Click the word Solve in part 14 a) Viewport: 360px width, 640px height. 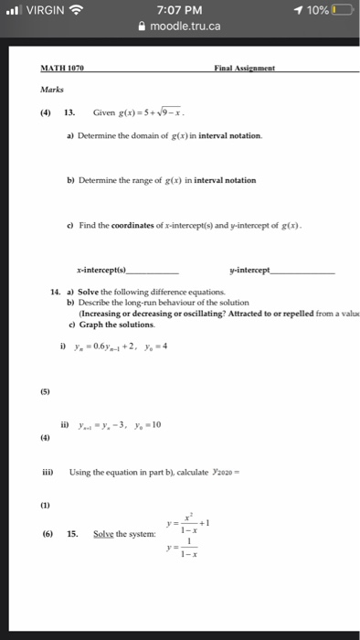point(90,292)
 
